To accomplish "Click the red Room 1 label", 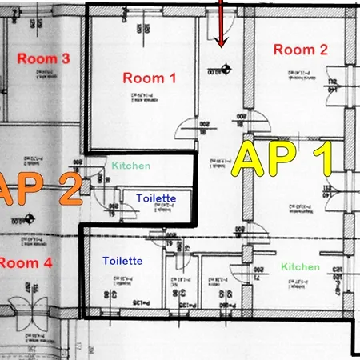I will (149, 78).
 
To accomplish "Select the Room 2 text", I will (300, 50).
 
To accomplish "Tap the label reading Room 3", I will (43, 58).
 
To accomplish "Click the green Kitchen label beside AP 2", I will (130, 166).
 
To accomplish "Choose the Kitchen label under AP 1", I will (300, 266).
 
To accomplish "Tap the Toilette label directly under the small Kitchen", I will (156, 198).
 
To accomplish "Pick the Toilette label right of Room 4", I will (122, 261).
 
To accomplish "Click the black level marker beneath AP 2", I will (30, 218).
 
